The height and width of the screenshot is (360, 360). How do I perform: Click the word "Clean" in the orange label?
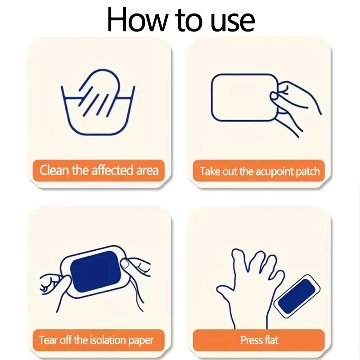point(54,170)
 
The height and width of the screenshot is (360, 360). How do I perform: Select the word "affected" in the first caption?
point(112,170)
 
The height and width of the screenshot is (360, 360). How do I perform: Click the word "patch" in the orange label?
point(308,172)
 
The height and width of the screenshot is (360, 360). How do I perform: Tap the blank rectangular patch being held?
point(245,97)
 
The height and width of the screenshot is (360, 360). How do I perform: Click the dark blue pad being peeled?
point(96,272)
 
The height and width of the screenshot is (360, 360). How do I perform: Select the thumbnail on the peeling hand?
point(125,264)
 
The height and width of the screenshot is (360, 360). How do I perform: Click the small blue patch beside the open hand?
point(297,296)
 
